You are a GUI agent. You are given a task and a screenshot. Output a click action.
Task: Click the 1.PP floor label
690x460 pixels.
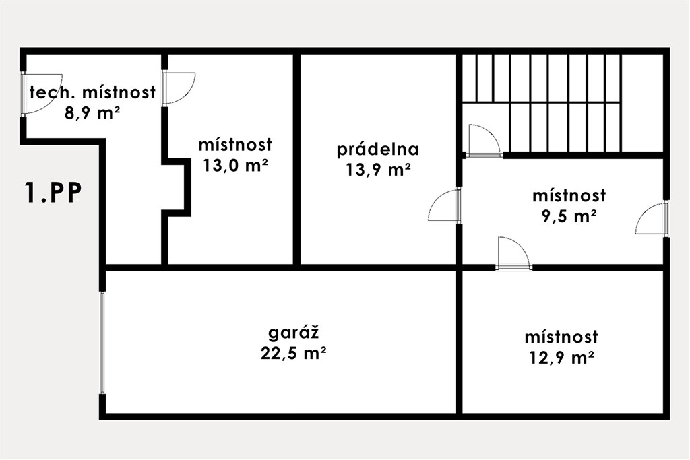[53, 193]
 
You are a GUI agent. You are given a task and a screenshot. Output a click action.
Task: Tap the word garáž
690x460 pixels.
[294, 333]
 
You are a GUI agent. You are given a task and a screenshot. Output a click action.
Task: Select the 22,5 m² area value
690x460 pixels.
[293, 353]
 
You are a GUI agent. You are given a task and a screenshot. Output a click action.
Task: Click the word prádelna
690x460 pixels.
[377, 150]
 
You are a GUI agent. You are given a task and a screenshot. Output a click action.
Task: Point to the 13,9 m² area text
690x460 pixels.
[379, 170]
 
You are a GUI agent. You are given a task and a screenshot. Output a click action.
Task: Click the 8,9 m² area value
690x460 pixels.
[92, 113]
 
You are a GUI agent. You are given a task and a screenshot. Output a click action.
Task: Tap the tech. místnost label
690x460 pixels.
[92, 92]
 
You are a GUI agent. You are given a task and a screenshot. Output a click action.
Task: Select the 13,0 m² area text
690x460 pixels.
[235, 166]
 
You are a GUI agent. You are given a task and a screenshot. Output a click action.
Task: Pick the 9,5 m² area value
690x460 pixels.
[569, 216]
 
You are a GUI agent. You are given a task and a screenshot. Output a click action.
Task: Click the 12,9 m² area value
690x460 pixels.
[561, 358]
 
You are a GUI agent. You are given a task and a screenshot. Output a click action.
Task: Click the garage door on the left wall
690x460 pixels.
[102, 343]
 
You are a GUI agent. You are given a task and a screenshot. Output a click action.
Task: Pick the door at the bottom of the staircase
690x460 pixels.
[483, 141]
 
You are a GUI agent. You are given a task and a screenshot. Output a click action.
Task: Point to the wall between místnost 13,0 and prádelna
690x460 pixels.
[297, 159]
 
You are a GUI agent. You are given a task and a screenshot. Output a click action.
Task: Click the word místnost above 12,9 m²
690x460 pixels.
[561, 337]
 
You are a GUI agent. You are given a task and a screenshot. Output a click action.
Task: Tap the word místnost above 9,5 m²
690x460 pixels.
[569, 196]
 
